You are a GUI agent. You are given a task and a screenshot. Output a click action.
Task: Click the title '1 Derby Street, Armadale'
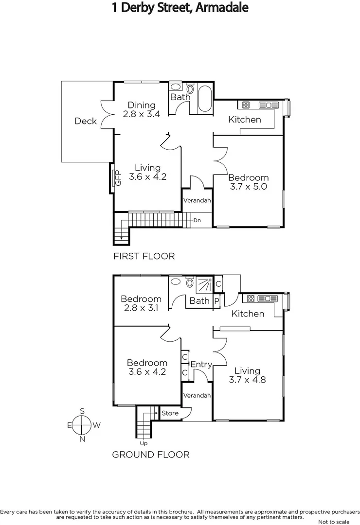pos(180,8)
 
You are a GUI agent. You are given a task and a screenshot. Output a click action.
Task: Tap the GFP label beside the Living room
pos(117,178)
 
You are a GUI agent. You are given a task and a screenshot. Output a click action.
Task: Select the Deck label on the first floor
pos(86,121)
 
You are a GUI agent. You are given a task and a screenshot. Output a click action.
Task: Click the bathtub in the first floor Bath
pos(205,100)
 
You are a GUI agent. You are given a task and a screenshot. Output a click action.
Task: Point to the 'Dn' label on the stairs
pos(197,220)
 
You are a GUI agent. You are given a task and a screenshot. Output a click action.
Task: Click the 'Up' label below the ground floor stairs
pos(144,443)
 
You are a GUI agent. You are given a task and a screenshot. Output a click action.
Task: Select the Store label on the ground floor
pos(170,413)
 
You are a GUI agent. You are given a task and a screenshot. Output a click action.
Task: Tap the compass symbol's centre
pos(82,425)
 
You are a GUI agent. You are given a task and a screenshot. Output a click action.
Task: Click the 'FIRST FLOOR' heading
pos(144,256)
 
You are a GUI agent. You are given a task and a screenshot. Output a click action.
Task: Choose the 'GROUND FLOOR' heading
pos(151,455)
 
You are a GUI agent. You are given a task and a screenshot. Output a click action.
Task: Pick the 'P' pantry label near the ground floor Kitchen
pos(216,301)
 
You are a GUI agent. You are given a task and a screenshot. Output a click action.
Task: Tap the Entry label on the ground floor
pos(201,365)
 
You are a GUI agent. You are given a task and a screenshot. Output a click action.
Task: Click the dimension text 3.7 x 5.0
pos(248,186)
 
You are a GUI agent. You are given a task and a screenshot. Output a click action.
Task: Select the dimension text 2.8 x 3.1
pos(141,308)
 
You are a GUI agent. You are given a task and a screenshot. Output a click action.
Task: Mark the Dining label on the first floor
pos(141,105)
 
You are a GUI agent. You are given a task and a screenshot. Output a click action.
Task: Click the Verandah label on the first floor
pos(197,200)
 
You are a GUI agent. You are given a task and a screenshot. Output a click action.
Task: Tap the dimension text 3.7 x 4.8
pos(247,380)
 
